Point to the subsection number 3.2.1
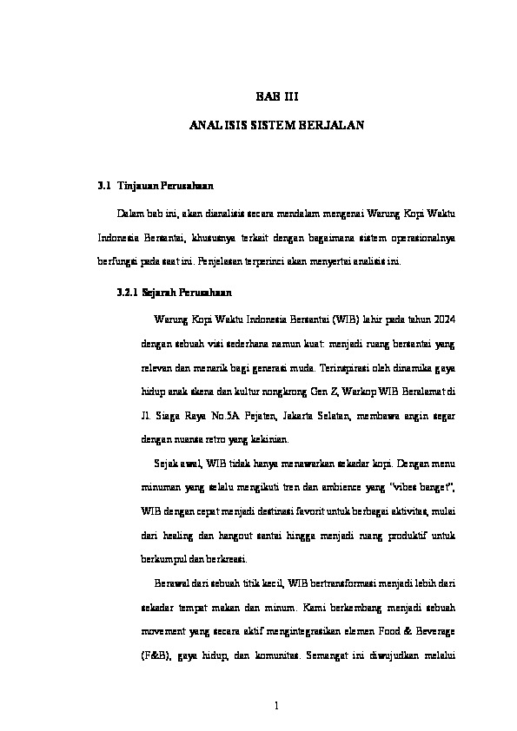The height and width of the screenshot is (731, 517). click(x=127, y=293)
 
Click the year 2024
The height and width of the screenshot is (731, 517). click(x=441, y=319)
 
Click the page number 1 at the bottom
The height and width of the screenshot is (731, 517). click(x=275, y=705)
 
